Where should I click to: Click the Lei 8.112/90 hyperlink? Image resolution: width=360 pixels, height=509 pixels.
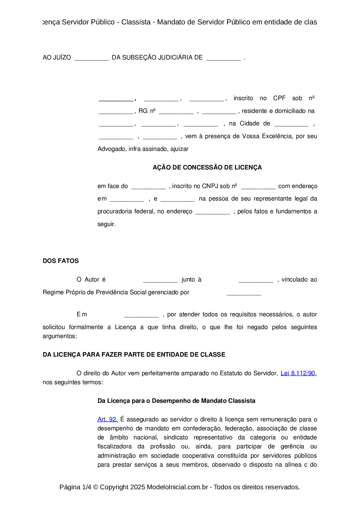pos(298,373)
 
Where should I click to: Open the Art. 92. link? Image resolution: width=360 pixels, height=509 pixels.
pos(107,419)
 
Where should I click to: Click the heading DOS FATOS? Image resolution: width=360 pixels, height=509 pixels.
pos(61,261)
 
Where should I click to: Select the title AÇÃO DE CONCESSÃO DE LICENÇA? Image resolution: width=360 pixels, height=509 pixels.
pos(207,167)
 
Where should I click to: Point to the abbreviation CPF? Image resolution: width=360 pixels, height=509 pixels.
pos(279,98)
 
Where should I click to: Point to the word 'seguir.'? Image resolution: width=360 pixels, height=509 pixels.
pos(107,224)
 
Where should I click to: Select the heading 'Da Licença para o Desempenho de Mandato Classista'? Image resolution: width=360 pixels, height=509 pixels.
pos(176,401)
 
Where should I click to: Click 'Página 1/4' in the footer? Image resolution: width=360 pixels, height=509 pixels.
pos(75,487)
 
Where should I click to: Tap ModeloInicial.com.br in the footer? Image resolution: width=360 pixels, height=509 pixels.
pos(177,487)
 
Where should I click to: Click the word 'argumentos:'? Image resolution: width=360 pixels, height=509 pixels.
pos(60,336)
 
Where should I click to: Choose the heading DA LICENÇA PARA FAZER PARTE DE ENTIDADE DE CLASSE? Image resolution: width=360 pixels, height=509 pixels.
pos(134,355)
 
